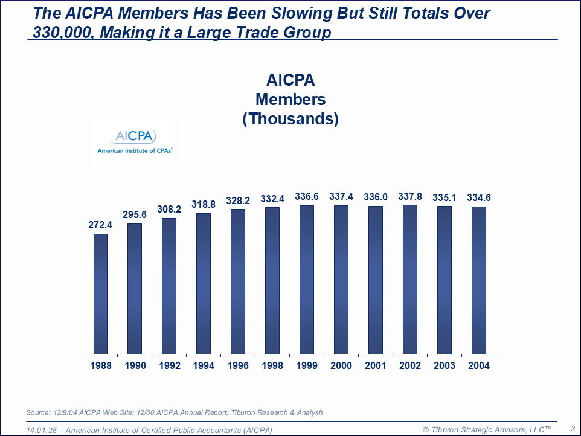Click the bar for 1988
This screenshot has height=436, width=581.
coord(100,293)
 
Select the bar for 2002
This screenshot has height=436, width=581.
coord(409,279)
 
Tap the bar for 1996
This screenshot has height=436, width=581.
coord(238,281)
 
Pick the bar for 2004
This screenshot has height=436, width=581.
coord(479,280)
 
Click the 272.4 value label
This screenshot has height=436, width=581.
coord(100,225)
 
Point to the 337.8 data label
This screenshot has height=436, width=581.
coord(409,196)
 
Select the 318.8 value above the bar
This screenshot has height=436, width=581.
coord(204,205)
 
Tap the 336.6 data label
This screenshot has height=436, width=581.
coord(307,197)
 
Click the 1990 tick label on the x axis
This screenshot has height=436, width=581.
coord(135,365)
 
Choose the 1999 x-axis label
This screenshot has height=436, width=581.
coord(307,365)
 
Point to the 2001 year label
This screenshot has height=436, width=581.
coord(376,365)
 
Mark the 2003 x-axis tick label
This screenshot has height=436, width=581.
coord(445,365)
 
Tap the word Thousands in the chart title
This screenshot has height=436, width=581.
coord(290,118)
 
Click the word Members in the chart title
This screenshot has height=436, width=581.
coord(290,99)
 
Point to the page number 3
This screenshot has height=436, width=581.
coord(573,428)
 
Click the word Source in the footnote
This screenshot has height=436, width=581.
coord(38,412)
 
